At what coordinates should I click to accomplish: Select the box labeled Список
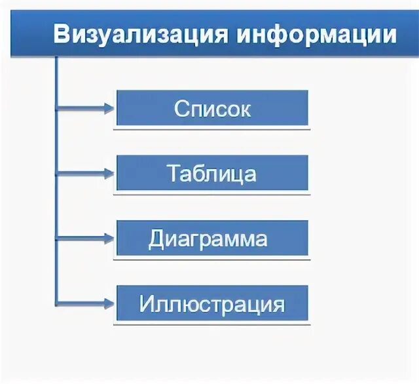tap(212, 108)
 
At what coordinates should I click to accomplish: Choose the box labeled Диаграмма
tap(212, 238)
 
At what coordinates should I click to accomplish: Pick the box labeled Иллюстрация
tap(212, 303)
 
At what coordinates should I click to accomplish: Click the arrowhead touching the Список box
tap(109, 108)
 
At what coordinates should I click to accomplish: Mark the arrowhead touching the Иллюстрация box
tap(109, 303)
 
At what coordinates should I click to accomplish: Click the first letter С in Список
tap(181, 109)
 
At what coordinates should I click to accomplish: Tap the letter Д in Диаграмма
tap(156, 239)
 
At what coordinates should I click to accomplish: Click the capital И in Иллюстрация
tap(147, 304)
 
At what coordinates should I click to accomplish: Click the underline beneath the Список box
tap(212, 129)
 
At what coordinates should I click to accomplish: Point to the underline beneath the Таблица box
tap(212, 194)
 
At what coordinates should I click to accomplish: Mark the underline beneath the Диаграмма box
tap(212, 259)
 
